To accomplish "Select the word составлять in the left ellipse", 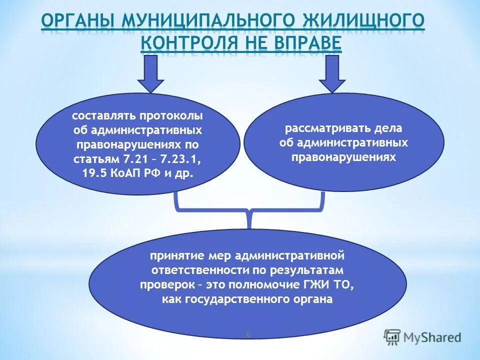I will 104,116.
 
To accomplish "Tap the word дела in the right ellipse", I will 387,128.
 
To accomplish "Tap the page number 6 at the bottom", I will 248,334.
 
